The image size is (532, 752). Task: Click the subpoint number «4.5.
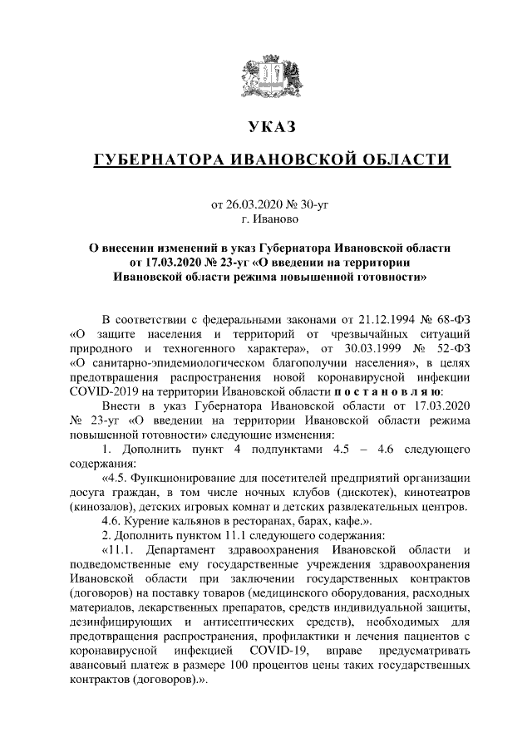click(x=114, y=479)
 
